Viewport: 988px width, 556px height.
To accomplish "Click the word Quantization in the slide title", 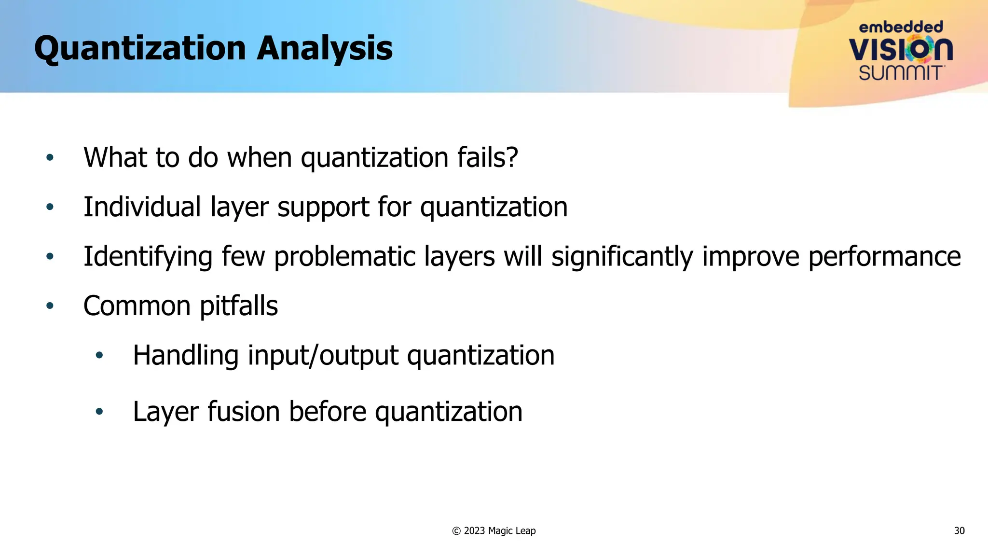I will coord(140,48).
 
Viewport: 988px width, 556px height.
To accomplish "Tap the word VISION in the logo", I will coord(900,49).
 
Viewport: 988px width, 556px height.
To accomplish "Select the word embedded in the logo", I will coord(901,27).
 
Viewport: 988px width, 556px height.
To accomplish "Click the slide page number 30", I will coord(959,531).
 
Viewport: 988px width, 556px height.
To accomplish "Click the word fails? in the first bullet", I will coord(487,157).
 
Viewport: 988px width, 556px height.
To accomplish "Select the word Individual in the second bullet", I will coord(142,207).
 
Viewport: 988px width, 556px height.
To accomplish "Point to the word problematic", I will coord(344,256).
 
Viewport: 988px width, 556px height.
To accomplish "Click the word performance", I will coord(884,256).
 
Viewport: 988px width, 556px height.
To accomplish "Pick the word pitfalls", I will coord(238,306).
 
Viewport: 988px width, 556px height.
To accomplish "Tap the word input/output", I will coord(323,356).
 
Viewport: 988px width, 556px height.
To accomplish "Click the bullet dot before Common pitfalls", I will coord(50,306).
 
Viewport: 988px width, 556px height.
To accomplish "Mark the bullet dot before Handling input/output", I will coord(99,356).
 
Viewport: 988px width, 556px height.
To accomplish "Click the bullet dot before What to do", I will coord(50,157).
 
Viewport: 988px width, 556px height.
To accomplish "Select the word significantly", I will coord(622,256).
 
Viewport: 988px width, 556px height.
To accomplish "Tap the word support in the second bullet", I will coord(323,207).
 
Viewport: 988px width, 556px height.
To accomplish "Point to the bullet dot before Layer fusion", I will coord(99,412).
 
